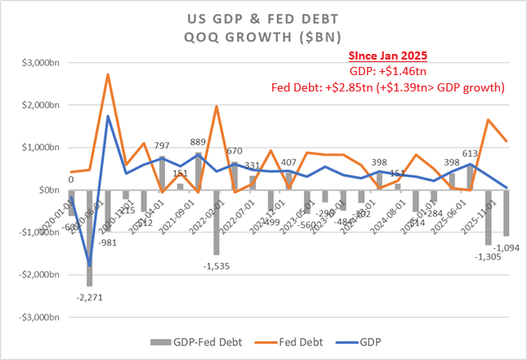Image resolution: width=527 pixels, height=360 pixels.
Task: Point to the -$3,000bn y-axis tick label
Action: coord(31,317)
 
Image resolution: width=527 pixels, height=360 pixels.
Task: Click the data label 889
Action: coord(198,143)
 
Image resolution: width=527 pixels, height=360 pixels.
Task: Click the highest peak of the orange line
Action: coord(108,74)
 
